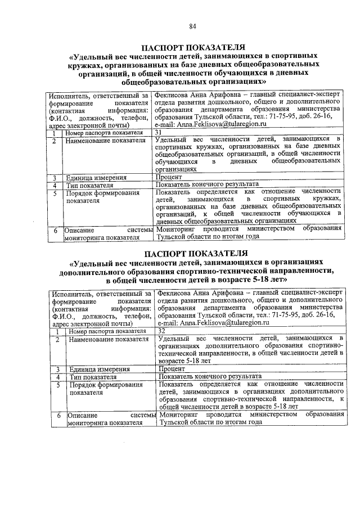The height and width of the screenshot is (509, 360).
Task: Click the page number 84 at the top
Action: [x=192, y=26]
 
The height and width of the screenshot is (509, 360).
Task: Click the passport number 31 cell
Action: [x=159, y=132]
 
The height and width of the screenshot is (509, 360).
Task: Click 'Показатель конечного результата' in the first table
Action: [x=206, y=184]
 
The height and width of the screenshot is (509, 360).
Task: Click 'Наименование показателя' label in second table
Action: [x=106, y=339]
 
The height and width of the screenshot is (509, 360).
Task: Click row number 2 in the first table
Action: [x=54, y=140]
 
